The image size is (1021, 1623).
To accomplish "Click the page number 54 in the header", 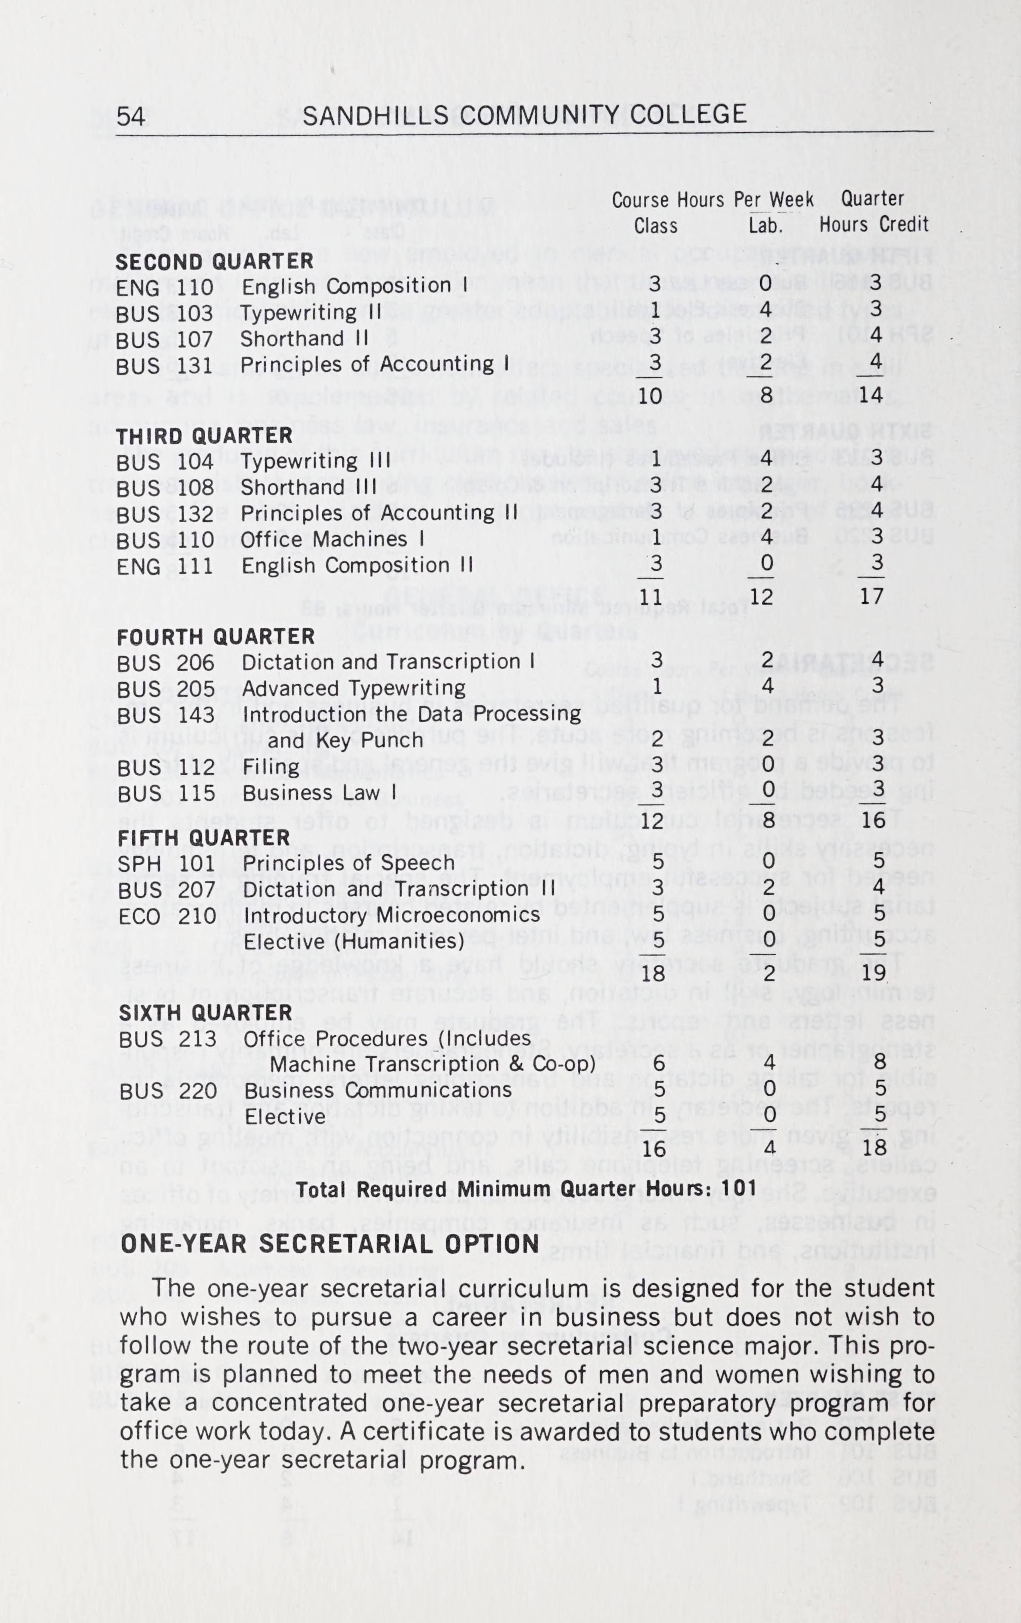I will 131,116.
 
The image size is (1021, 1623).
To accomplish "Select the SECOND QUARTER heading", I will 214,261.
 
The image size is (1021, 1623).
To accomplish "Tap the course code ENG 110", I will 164,288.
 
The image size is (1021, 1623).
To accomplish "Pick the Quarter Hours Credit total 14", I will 872,394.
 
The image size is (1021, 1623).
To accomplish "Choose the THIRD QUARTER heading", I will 204,436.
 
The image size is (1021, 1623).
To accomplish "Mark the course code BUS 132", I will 165,514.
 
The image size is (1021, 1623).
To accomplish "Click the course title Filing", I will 271,767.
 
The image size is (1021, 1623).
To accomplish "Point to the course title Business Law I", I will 319,793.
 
